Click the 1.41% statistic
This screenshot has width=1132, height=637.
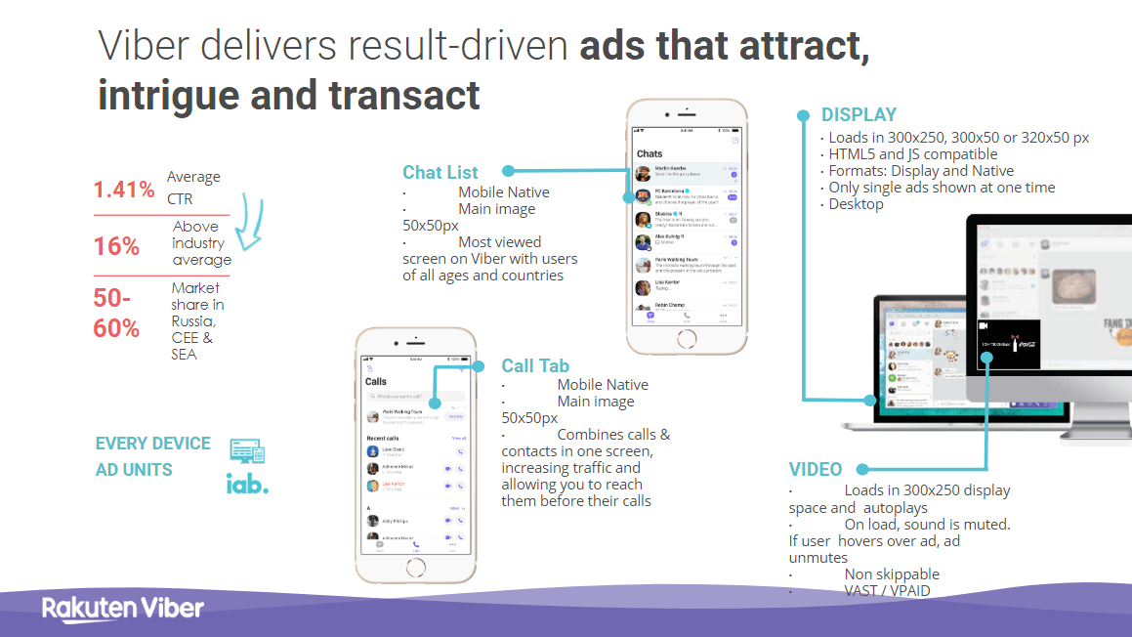pyautogui.click(x=124, y=190)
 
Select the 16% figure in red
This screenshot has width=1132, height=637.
pyautogui.click(x=116, y=246)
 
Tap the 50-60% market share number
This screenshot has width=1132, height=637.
pyautogui.click(x=116, y=313)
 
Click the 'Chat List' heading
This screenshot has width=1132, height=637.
pyautogui.click(x=440, y=173)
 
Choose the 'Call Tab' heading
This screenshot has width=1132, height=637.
pyautogui.click(x=535, y=366)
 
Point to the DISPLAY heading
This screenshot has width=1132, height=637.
pyautogui.click(x=859, y=114)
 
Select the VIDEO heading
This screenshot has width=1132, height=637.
pyautogui.click(x=816, y=469)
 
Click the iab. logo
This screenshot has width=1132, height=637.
pyautogui.click(x=247, y=484)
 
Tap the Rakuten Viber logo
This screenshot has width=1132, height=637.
pyautogui.click(x=123, y=608)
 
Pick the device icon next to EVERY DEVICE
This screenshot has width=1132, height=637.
pyautogui.click(x=247, y=451)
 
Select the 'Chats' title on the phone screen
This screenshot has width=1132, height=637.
pyautogui.click(x=650, y=153)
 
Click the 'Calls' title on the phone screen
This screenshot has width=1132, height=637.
pyautogui.click(x=376, y=382)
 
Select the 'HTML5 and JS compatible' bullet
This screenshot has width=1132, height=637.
pyautogui.click(x=913, y=154)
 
